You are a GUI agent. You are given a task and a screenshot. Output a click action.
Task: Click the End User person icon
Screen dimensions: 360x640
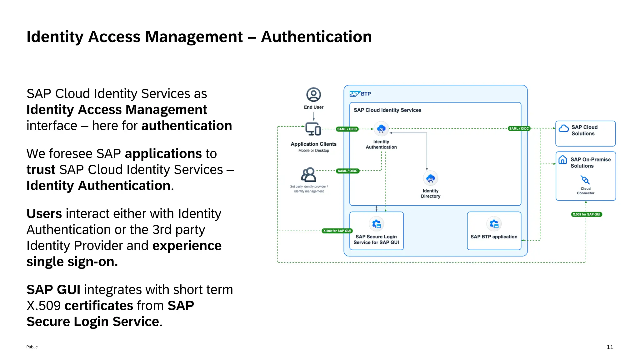tap(313, 95)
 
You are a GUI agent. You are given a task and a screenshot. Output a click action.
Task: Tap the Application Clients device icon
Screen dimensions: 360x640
tap(313, 129)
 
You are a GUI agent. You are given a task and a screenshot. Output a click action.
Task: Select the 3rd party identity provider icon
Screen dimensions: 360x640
tap(308, 175)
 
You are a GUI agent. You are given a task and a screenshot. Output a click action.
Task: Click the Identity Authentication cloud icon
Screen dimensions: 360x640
tap(381, 129)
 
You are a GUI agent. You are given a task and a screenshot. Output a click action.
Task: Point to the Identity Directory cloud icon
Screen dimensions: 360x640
tap(430, 178)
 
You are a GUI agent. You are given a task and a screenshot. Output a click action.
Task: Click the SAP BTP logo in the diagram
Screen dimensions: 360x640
tap(360, 94)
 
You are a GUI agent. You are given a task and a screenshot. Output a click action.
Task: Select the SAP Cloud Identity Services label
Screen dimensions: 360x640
tap(387, 110)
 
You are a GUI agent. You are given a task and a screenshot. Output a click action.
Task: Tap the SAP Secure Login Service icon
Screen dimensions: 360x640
tap(376, 224)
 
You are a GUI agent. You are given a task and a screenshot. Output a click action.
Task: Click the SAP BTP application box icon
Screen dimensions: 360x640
tap(494, 224)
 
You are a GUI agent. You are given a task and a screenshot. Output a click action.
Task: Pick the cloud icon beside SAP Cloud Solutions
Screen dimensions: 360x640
tap(564, 128)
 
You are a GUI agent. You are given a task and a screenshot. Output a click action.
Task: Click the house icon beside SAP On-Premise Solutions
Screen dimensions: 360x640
tap(562, 160)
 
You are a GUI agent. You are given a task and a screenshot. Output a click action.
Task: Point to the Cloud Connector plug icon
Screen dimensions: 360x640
tap(585, 180)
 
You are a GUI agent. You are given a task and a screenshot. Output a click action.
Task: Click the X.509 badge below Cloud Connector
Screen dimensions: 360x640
tap(587, 214)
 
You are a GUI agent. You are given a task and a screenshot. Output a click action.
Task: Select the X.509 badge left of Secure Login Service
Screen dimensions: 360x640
tap(337, 231)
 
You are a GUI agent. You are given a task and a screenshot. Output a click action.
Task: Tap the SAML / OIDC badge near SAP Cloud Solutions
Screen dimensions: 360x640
tap(519, 128)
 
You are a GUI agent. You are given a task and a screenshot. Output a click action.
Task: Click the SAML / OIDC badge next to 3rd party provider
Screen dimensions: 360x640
tap(347, 171)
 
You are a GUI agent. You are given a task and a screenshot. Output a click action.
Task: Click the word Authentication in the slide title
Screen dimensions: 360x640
tap(316, 37)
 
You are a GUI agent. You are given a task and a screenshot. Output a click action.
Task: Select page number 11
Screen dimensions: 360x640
tap(610, 347)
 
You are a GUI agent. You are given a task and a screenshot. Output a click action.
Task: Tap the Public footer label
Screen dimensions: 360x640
tap(32, 347)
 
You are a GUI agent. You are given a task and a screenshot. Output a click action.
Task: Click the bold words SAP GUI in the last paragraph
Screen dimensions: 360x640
tap(53, 290)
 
